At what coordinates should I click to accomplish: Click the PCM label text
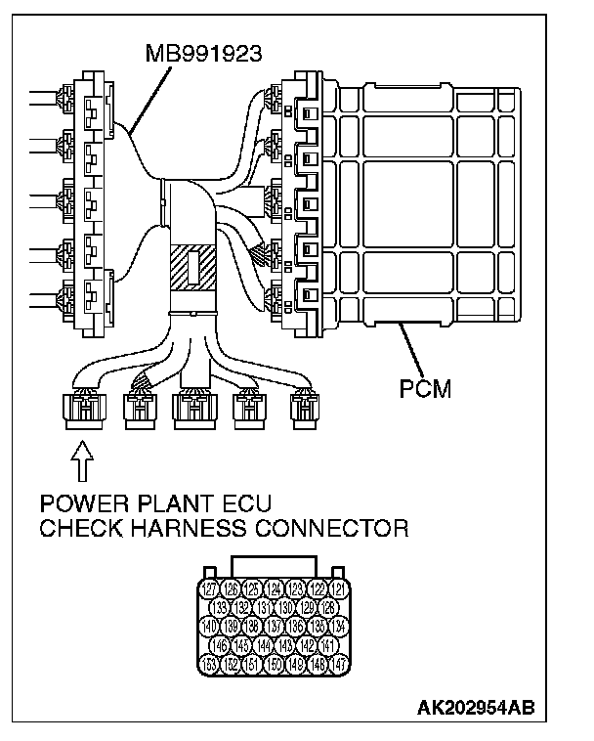[425, 388]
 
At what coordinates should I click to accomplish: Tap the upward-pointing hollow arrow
[84, 460]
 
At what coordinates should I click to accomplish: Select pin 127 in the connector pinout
[208, 588]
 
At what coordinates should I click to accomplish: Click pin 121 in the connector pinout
[337, 588]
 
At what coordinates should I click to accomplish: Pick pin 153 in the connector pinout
[208, 664]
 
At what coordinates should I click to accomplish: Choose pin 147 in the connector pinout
[337, 664]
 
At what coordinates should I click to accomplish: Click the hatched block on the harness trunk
[191, 265]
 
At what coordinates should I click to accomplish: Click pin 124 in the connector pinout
[273, 588]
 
